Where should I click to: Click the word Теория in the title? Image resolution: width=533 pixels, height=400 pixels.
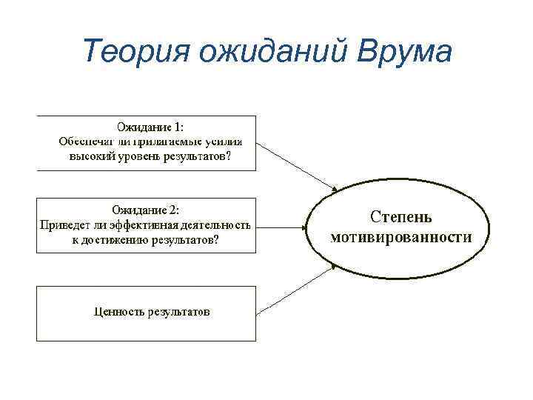(x=125, y=52)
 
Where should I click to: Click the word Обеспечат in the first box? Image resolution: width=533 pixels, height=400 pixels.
(x=83, y=141)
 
